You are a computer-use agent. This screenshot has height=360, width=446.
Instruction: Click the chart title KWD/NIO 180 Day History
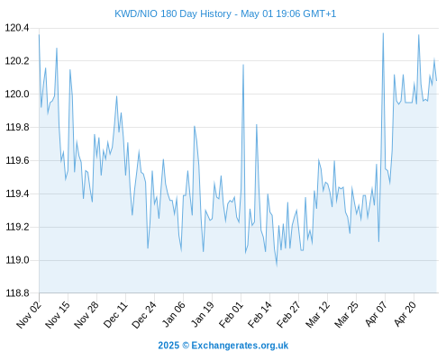click(x=173, y=13)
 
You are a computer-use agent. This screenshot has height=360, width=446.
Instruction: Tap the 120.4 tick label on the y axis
click(x=17, y=28)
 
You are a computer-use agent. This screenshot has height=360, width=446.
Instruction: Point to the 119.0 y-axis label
click(x=17, y=260)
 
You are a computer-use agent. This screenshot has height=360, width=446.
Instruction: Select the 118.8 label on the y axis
click(x=17, y=293)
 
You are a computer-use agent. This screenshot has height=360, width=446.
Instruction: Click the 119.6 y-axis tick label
click(x=17, y=161)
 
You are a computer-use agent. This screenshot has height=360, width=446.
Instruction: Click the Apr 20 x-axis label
click(x=405, y=314)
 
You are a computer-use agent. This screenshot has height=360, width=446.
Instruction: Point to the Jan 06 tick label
click(x=174, y=314)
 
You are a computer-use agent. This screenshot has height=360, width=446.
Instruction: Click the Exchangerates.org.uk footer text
click(x=240, y=346)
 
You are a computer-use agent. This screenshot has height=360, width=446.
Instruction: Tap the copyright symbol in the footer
click(x=186, y=346)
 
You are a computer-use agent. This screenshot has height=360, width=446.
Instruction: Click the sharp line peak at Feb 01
click(x=243, y=65)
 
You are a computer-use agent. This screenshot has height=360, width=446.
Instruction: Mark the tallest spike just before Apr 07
click(x=383, y=33)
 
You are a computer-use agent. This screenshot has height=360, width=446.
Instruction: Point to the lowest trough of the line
click(x=277, y=265)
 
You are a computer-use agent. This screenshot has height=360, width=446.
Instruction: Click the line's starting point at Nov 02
click(x=39, y=35)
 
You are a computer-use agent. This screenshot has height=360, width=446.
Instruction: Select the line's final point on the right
click(x=436, y=80)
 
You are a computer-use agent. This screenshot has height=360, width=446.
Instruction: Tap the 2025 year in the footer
click(x=168, y=346)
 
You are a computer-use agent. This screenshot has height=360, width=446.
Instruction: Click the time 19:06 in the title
click(x=288, y=13)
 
